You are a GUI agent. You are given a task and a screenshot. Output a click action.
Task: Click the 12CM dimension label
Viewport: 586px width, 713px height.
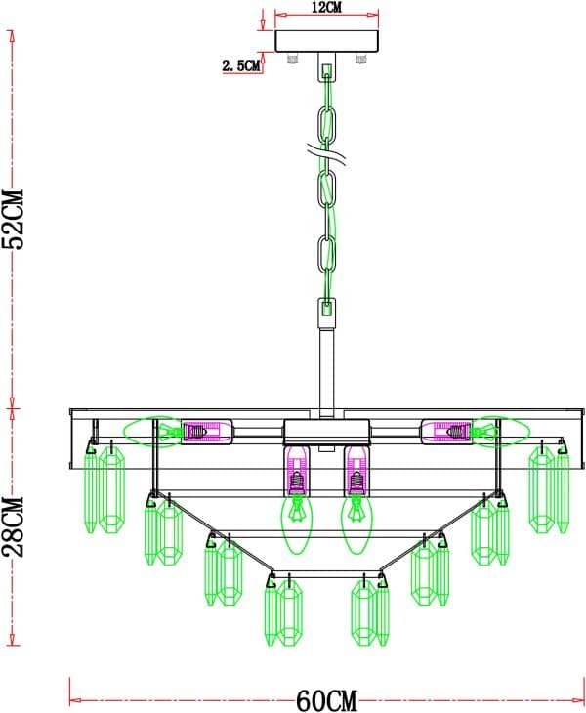coord(326,8)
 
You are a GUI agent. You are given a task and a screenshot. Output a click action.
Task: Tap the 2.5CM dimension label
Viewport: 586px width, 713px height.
coord(241,66)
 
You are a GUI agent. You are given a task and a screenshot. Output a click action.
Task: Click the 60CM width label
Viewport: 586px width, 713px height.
coord(326,699)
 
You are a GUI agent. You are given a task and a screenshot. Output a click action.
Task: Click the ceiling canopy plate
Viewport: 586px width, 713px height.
coord(326,42)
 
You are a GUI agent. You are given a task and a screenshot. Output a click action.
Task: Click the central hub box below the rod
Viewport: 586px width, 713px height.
coord(326,431)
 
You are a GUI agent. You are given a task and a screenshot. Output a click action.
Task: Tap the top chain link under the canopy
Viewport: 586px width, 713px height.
coord(327,82)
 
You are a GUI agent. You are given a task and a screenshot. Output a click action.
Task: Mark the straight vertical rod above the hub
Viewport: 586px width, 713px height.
coord(327,371)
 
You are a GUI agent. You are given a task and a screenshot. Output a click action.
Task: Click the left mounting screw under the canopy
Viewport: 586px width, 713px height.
coord(291,60)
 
